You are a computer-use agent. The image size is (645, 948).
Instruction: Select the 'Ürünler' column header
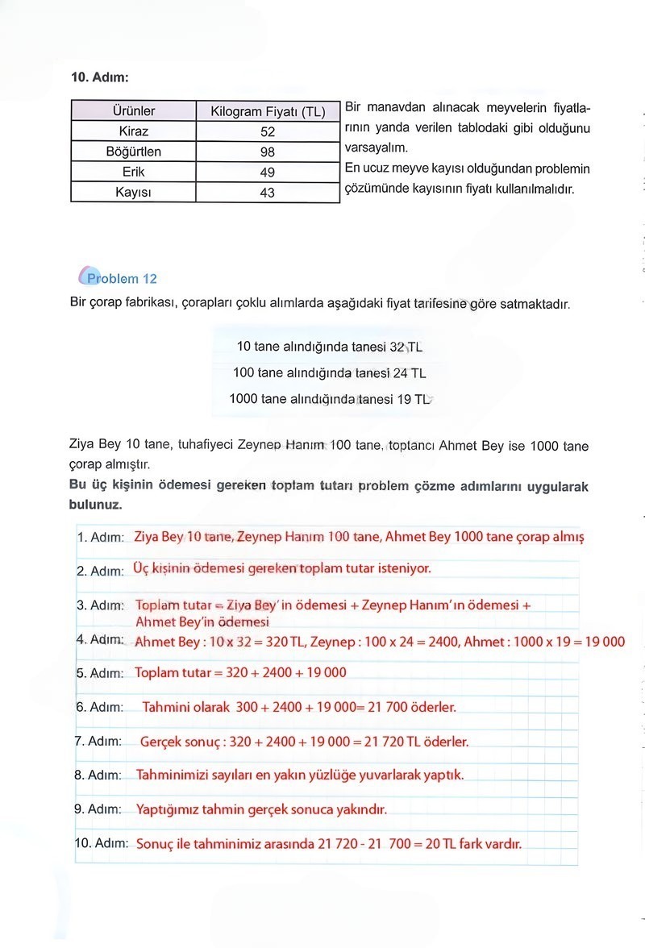(x=134, y=111)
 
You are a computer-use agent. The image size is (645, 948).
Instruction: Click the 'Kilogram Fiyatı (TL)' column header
(x=268, y=111)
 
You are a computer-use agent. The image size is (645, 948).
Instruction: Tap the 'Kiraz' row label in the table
(x=134, y=131)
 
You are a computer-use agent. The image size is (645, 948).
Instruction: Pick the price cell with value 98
(x=268, y=152)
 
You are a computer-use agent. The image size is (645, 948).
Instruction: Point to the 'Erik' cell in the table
(x=134, y=172)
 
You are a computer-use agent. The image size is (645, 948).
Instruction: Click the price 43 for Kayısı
(x=268, y=193)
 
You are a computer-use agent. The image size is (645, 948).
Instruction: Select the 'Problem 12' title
(x=122, y=279)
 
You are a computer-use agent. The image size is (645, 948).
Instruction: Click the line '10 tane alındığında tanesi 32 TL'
(x=329, y=347)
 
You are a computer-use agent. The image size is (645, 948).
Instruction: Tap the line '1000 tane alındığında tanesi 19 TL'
(x=329, y=399)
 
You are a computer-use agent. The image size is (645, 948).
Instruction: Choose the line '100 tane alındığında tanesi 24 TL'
(x=329, y=373)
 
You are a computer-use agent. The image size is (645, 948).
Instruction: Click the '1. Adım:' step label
(x=101, y=538)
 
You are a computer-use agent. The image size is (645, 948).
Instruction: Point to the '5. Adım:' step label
(x=100, y=673)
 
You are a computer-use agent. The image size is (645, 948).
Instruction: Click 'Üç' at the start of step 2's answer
(x=139, y=568)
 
